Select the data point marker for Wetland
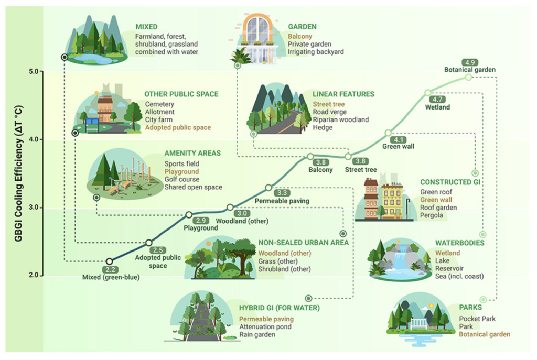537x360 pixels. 428,93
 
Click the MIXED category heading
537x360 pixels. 146,26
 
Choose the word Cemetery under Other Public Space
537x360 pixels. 159,104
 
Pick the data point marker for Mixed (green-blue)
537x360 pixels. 109,261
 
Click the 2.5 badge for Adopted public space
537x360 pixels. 158,250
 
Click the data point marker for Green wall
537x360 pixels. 388,133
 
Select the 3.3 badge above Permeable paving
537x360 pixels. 282,193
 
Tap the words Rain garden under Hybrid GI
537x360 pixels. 257,334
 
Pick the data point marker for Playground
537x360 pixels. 189,215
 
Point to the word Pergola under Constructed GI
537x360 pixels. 432,215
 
